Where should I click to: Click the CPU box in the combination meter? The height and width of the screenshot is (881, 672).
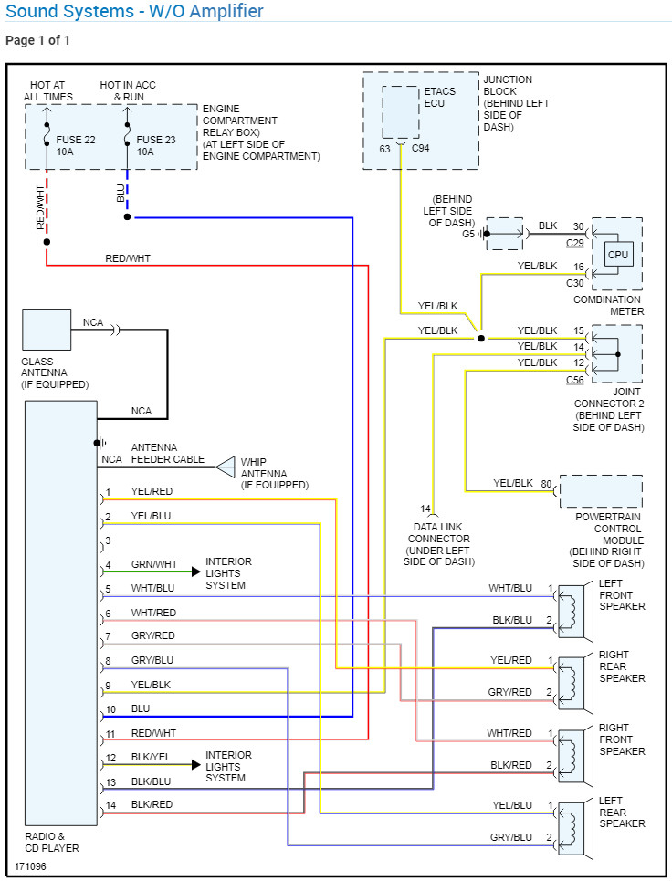[618, 255]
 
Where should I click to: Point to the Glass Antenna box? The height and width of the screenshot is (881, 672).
[47, 330]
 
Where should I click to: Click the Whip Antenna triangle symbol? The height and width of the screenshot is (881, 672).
[226, 467]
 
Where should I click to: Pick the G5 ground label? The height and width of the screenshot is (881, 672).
[468, 234]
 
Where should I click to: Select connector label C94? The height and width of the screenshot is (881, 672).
[420, 148]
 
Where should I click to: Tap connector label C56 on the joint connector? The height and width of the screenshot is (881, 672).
[575, 380]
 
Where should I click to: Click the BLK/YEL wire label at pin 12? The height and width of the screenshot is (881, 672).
[151, 758]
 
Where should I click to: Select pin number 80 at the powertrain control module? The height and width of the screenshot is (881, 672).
[546, 483]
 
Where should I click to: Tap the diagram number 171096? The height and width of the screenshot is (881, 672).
[31, 865]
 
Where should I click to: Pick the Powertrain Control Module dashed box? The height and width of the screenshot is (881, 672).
[601, 491]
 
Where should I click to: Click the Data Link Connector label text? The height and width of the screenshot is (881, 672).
[438, 539]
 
